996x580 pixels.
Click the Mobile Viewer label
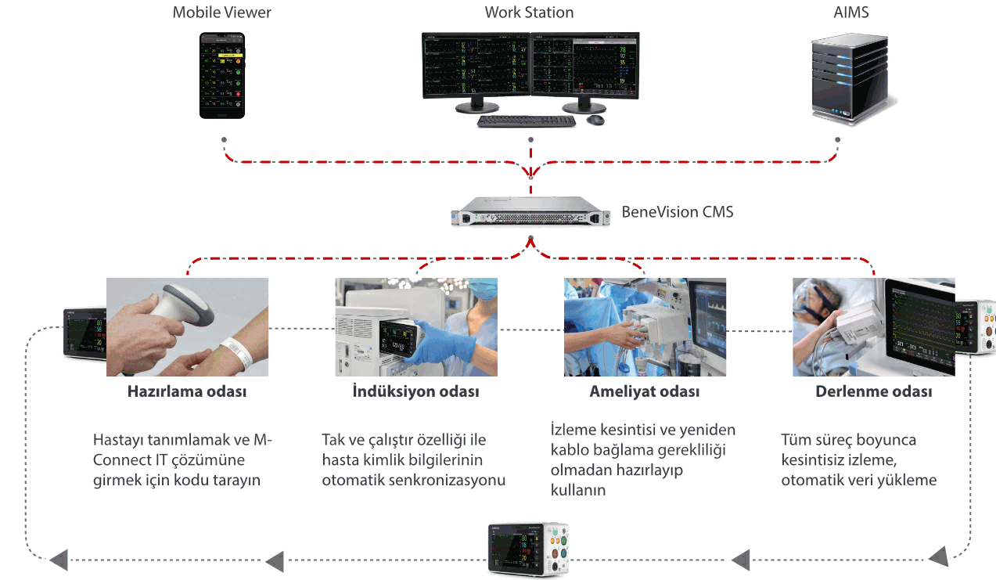[222, 13]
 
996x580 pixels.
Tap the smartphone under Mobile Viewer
[222, 75]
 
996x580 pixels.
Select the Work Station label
[529, 13]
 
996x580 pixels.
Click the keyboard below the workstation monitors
[526, 121]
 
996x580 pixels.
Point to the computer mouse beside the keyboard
[595, 120]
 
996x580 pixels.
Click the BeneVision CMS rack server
[530, 211]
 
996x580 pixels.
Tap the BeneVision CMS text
[678, 211]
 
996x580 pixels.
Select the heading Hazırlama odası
[187, 391]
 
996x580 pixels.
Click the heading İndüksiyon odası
[415, 391]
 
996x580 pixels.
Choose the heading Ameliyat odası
[645, 391]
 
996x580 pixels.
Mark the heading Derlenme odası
[874, 391]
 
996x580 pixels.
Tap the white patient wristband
[237, 349]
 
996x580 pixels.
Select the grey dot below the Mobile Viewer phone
[225, 140]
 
